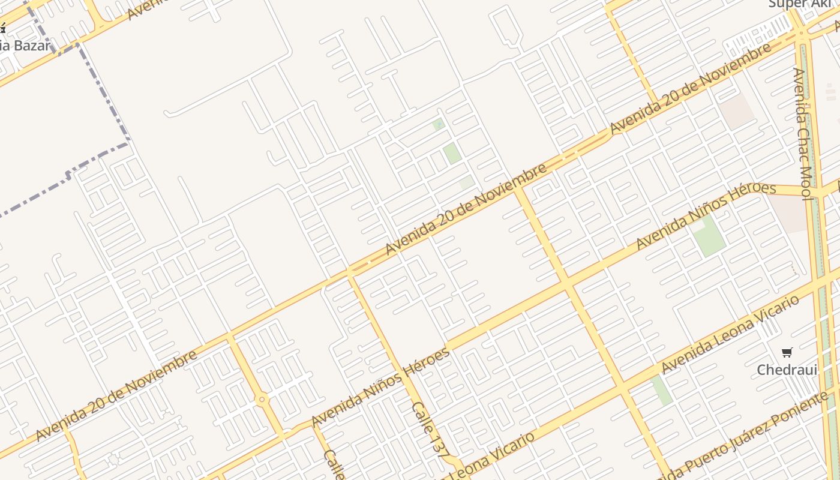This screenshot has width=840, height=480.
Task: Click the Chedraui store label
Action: click(787, 370)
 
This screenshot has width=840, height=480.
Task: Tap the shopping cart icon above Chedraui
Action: click(787, 352)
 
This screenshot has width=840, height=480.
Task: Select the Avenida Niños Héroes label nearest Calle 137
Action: click(380, 387)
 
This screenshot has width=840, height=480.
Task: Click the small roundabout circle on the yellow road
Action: click(261, 399)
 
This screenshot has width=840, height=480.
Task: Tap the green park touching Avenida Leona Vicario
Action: click(661, 389)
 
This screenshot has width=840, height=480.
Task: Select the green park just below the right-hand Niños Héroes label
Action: click(709, 235)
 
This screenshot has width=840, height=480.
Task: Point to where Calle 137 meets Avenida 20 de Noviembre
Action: click(349, 273)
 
